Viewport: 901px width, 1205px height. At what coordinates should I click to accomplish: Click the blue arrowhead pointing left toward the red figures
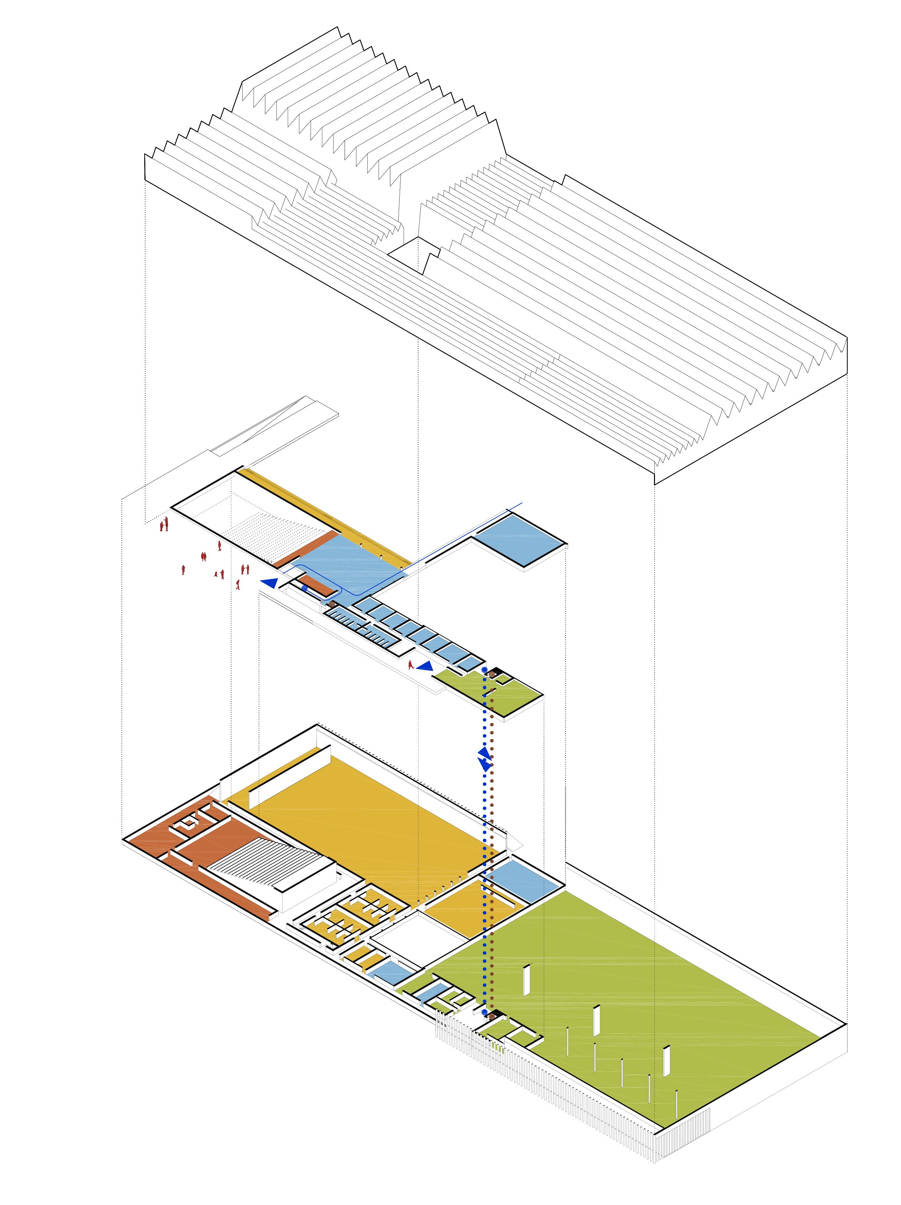pos(268,583)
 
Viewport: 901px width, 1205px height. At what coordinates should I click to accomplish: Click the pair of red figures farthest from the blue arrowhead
pos(164,525)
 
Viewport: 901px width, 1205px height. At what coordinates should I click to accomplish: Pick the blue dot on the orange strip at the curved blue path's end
pos(304,588)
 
